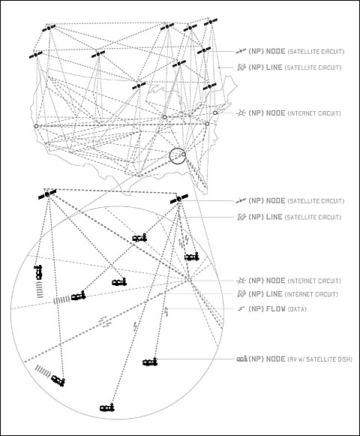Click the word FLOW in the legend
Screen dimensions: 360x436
click(276, 309)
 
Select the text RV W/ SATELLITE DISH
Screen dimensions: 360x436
click(319, 359)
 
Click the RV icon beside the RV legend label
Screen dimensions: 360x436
click(241, 359)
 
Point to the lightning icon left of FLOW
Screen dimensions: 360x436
click(241, 309)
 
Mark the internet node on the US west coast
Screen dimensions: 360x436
click(36, 126)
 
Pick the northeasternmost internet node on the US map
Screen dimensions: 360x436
click(215, 113)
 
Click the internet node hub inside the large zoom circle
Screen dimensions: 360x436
click(189, 280)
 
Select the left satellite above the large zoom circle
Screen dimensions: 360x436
click(47, 194)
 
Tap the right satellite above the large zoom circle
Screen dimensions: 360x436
click(179, 199)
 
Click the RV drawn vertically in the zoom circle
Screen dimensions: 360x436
click(38, 272)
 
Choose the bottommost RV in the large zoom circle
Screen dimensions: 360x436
click(107, 407)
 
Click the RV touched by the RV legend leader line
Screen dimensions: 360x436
click(150, 362)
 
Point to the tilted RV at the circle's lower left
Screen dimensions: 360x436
click(58, 380)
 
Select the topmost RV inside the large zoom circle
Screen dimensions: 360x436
click(139, 238)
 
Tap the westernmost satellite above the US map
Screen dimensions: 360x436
click(36, 55)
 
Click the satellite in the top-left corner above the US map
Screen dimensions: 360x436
click(49, 28)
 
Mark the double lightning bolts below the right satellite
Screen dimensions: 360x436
click(184, 241)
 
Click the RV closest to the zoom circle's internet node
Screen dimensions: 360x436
click(192, 257)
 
